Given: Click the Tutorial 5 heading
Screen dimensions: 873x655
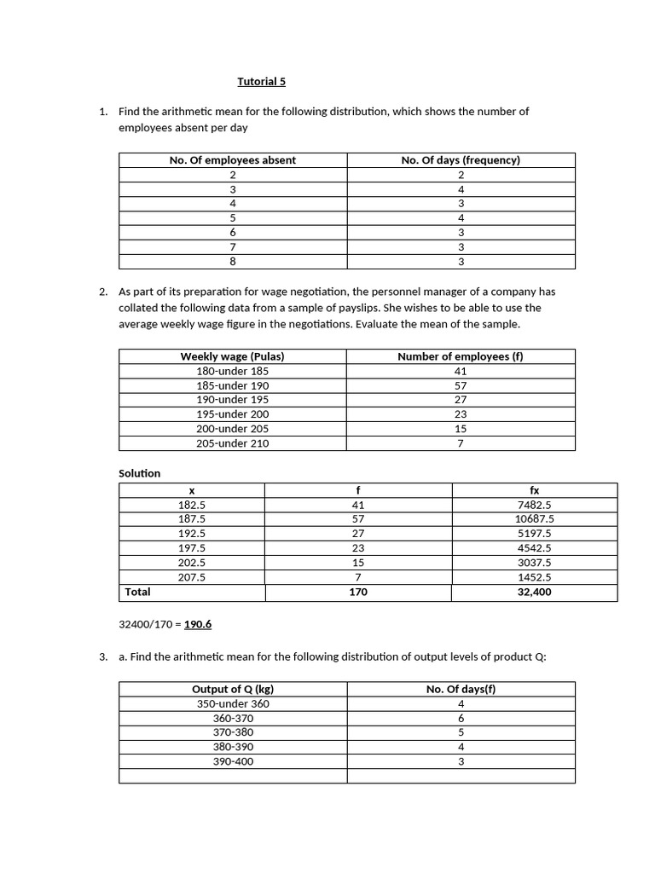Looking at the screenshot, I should coord(262,82).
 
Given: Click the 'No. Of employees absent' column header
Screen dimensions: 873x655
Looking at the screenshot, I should coord(233,160).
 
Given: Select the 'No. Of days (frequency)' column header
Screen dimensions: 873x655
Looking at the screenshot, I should coord(461,160).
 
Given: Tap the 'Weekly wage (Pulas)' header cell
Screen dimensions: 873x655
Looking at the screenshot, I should coord(233,356).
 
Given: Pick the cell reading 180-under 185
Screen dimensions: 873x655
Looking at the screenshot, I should coord(233,371).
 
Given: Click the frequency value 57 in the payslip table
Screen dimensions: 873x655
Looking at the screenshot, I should coord(461,385).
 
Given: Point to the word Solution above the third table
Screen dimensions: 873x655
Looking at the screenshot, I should coord(139,473).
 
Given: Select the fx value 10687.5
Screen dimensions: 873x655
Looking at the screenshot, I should coord(535,518).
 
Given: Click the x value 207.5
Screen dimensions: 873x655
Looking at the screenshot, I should coord(192,577).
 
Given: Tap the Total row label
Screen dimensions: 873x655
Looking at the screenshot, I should coord(137,592).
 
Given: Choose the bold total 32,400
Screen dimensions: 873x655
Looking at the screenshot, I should coord(535,592).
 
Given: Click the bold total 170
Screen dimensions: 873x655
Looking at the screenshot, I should coord(358,592).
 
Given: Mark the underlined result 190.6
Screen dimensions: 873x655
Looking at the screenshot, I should coord(198,624).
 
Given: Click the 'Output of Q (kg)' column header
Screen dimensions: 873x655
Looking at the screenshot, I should coord(233,689).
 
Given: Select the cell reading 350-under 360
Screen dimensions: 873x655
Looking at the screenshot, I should coord(233,703).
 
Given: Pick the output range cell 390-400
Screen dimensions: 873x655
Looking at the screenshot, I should coord(233,761).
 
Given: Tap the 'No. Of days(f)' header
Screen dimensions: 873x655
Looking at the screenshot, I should coord(461,689).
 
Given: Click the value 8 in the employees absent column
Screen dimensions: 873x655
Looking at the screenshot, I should coord(233,262).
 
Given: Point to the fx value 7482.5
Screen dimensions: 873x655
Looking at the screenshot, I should coord(535,505).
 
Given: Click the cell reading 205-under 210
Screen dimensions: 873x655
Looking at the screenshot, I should coord(233,443).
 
